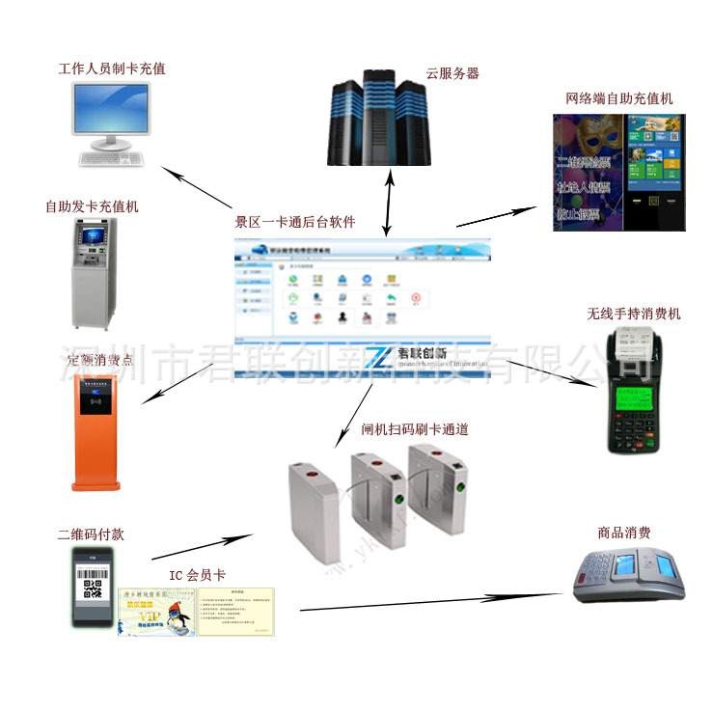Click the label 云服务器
coord(452,72)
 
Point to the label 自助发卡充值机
coord(92,206)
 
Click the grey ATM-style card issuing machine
coord(95,271)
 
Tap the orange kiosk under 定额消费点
coord(96,429)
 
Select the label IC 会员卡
coord(197,577)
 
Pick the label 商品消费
coord(624,533)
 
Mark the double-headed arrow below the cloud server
coord(388,203)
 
